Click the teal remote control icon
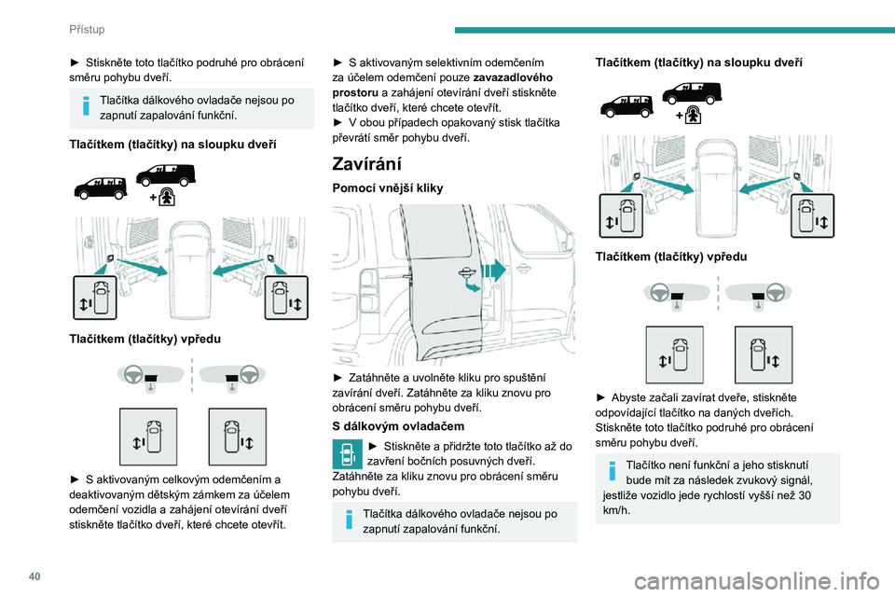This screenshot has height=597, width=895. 345,454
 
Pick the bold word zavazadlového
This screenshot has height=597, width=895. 513,77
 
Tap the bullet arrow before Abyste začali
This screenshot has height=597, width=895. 602,397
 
